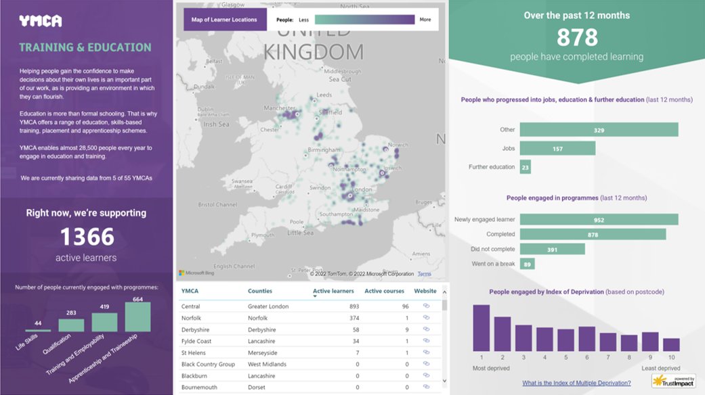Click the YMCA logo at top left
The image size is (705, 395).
tap(40, 21)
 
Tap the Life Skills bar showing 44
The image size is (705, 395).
tap(38, 329)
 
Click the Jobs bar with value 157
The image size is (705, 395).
tap(557, 148)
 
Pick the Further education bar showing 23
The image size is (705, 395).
tap(526, 167)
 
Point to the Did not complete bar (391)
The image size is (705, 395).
tap(552, 249)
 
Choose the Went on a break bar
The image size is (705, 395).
tap(527, 264)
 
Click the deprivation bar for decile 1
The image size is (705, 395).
tap(481, 328)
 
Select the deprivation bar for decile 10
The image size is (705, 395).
tap(671, 344)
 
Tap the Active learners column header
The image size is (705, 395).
tap(333, 292)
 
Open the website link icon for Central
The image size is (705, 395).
tap(426, 306)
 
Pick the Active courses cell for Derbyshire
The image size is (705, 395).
tap(406, 329)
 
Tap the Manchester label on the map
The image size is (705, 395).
tap(280, 108)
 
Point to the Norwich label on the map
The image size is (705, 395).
tap(399, 145)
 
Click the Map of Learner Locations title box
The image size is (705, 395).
tap(224, 20)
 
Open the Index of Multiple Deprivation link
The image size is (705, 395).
tap(576, 383)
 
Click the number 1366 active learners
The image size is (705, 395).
tap(87, 237)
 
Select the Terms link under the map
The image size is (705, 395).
tap(424, 274)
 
